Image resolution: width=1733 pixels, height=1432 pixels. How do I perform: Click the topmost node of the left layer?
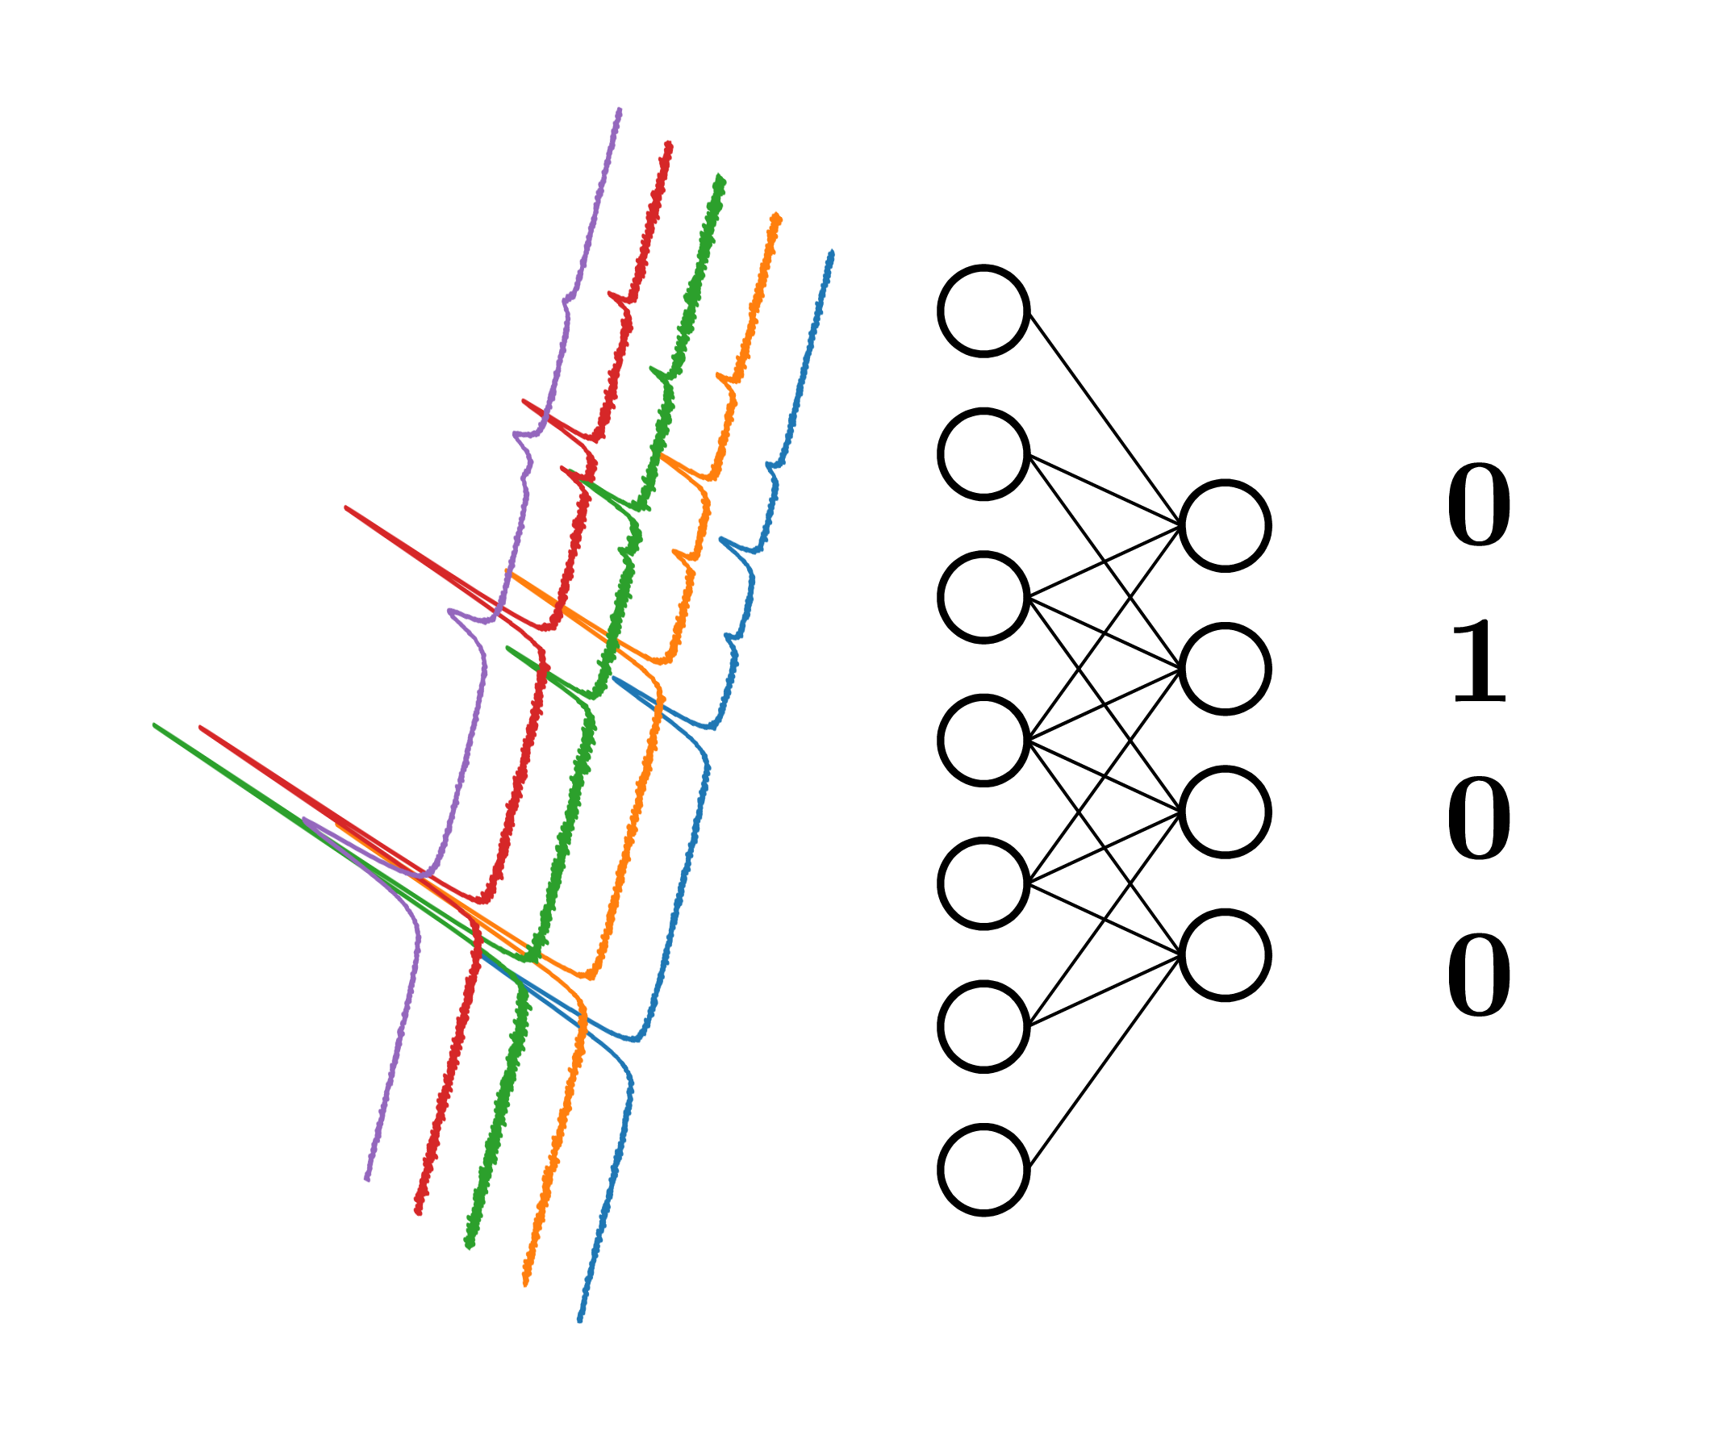(983, 311)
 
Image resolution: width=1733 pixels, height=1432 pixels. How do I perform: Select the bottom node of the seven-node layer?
(983, 1170)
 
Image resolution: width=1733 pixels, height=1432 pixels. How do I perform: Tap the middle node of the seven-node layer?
(983, 740)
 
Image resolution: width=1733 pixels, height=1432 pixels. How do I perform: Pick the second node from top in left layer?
(983, 453)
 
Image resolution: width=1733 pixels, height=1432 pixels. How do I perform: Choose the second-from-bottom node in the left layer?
(983, 1026)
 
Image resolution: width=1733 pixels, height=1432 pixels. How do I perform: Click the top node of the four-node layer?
(1224, 525)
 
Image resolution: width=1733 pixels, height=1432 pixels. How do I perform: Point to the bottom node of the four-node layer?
(1224, 955)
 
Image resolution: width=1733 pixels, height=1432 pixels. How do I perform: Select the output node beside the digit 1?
(1224, 669)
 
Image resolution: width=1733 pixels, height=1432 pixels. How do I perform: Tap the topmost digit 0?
(1479, 505)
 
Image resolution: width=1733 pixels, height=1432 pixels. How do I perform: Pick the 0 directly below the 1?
(1479, 819)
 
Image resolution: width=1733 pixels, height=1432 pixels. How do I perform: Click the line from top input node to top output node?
(1105, 419)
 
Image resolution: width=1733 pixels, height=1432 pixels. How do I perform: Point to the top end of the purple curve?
(619, 110)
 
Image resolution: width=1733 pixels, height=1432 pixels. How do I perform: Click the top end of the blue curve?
(832, 253)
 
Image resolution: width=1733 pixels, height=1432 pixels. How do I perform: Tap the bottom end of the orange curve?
(525, 1283)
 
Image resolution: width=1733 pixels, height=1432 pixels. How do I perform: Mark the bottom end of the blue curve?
(579, 1320)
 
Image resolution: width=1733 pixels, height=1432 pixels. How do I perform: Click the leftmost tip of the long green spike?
(155, 725)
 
